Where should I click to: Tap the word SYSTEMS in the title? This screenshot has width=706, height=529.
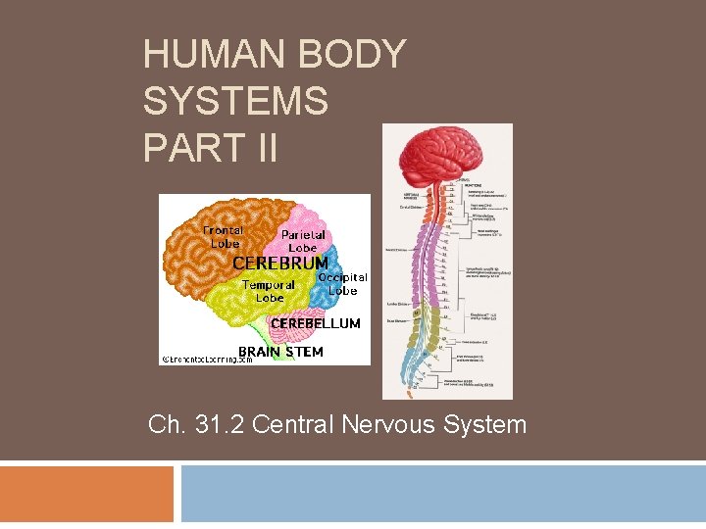pyautogui.click(x=235, y=101)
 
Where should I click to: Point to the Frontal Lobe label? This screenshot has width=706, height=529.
pyautogui.click(x=223, y=236)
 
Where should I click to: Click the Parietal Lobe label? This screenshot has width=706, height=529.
pyautogui.click(x=303, y=241)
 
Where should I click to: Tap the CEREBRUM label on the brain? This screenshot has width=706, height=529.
pyautogui.click(x=279, y=264)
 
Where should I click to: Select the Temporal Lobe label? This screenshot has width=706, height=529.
pyautogui.click(x=269, y=291)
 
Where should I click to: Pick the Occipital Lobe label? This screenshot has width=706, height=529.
pyautogui.click(x=343, y=284)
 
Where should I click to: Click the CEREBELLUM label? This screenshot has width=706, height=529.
pyautogui.click(x=315, y=323)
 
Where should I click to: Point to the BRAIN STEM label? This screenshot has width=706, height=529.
pyautogui.click(x=280, y=352)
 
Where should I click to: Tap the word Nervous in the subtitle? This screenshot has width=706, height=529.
pyautogui.click(x=380, y=425)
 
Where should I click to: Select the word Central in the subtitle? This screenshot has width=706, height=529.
pyautogui.click(x=293, y=425)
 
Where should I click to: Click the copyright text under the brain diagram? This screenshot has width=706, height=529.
pyautogui.click(x=207, y=360)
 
